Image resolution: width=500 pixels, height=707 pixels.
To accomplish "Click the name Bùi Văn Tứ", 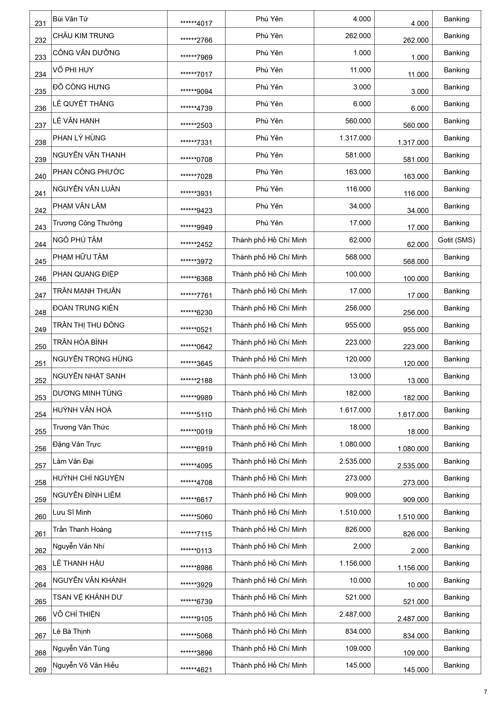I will [70, 19].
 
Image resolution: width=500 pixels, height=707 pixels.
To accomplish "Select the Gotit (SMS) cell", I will [456, 240].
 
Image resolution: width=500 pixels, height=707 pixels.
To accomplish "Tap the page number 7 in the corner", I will [485, 692].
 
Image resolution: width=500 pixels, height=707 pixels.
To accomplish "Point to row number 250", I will [40, 347].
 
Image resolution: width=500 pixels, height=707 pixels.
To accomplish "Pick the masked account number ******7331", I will [196, 143].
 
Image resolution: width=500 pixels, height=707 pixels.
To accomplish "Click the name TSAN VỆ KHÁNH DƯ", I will [87, 597].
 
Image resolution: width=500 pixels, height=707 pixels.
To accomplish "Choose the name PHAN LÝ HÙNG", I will [79, 138].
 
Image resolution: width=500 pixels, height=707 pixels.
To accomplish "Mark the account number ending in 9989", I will [196, 398].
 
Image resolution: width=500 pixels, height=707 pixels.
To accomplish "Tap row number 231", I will [40, 23].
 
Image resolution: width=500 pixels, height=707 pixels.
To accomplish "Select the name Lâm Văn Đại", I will [73, 461].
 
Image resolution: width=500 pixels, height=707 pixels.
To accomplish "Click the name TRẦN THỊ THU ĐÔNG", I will [88, 325].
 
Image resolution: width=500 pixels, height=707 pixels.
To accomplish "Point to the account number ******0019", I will [196, 432].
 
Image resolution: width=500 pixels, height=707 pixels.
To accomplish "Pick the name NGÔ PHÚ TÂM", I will [77, 240].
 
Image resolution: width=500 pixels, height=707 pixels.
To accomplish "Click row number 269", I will [40, 670].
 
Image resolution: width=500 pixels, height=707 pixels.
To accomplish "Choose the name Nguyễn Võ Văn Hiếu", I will [86, 665].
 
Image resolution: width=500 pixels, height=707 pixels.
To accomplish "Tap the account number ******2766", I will [196, 40].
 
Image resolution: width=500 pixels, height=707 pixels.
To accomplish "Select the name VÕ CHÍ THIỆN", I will [76, 614].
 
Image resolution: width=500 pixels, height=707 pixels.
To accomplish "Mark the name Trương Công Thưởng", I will [87, 223].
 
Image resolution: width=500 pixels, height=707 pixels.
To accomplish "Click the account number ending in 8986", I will [196, 568].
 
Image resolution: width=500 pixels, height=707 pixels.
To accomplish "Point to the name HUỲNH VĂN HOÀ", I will [82, 410].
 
